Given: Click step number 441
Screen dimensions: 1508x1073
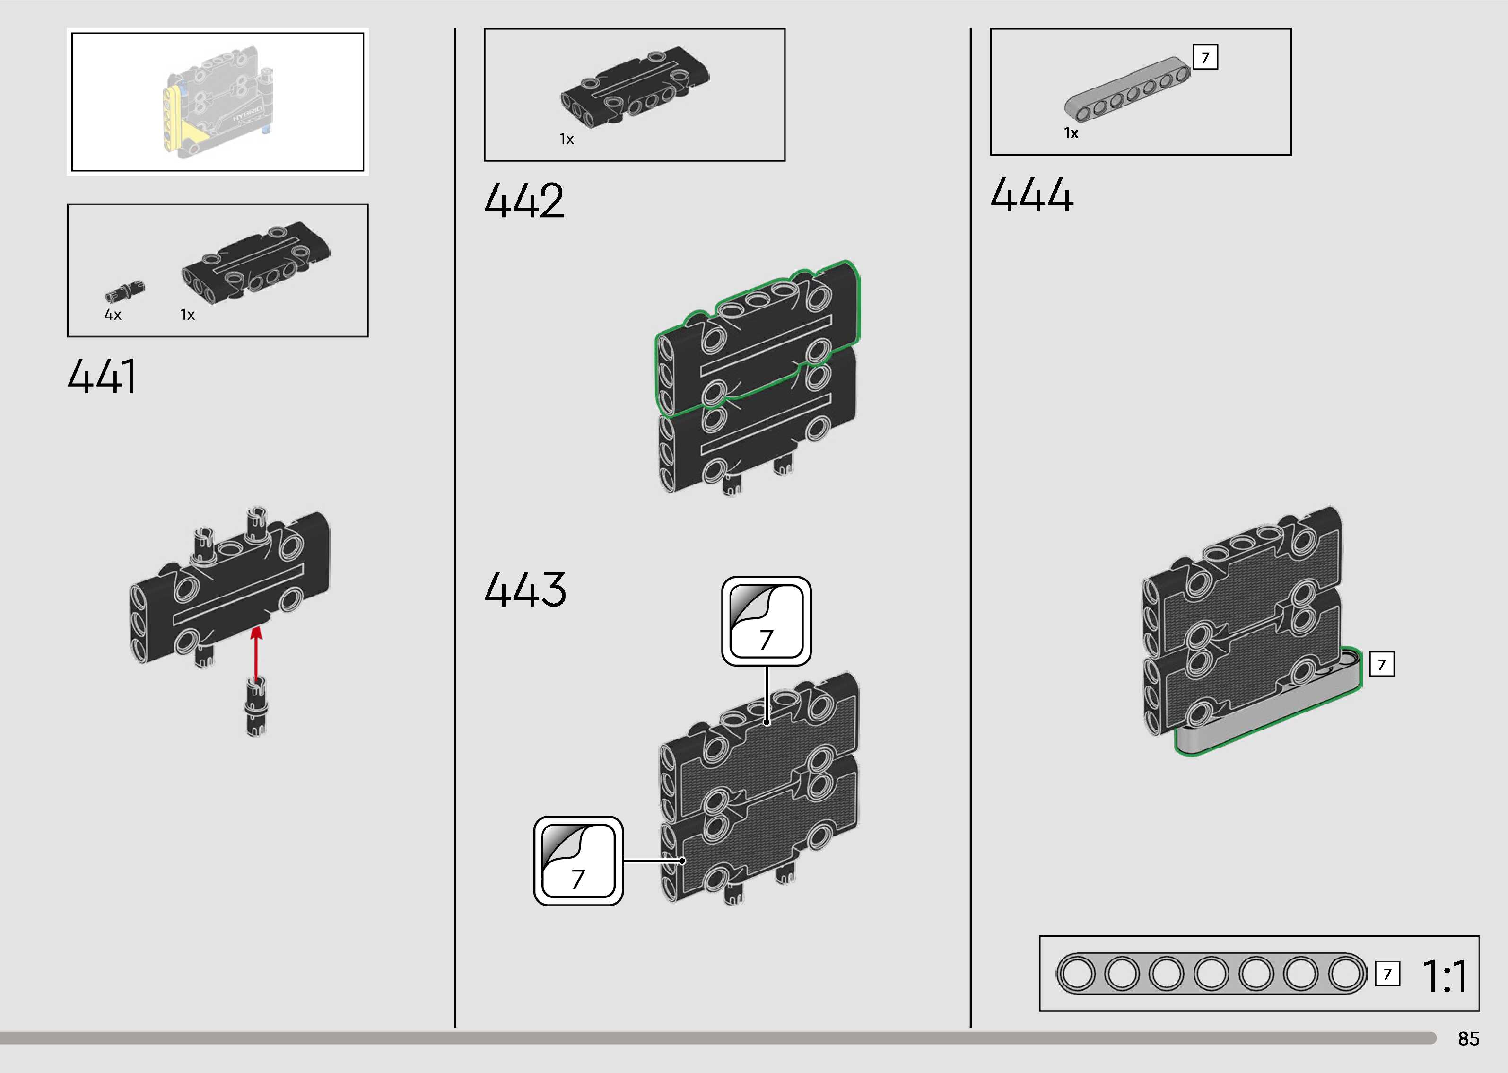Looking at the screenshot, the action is pyautogui.click(x=102, y=376).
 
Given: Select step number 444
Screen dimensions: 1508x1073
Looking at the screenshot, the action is pyautogui.click(x=1031, y=195).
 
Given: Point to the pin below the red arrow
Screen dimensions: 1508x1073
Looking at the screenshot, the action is pyautogui.click(x=256, y=707).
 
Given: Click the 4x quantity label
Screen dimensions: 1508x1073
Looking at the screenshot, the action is pyautogui.click(x=113, y=315).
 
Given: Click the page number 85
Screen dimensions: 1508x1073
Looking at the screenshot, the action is pyautogui.click(x=1468, y=1038).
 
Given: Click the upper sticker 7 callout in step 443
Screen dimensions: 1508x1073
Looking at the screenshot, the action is pyautogui.click(x=766, y=621).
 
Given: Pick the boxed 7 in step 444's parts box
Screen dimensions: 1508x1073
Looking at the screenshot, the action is pyautogui.click(x=1205, y=58).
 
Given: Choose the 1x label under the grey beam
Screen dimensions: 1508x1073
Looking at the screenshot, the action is pyautogui.click(x=1071, y=133).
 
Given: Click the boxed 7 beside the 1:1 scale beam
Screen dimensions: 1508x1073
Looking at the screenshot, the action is pyautogui.click(x=1387, y=974).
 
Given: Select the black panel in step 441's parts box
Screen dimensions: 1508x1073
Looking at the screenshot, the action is pyautogui.click(x=256, y=264).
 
